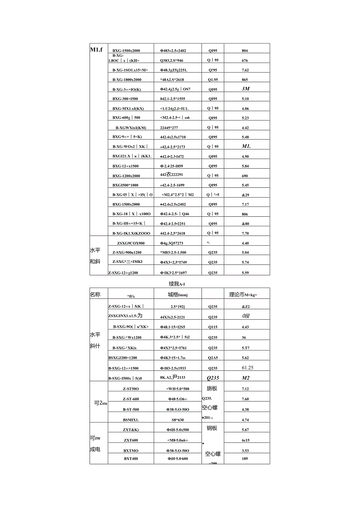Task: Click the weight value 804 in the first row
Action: (245, 50)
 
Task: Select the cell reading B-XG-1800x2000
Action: (127, 79)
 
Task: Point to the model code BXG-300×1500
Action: (125, 99)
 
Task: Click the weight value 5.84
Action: (245, 166)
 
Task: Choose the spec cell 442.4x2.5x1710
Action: (173, 137)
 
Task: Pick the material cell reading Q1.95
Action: (213, 79)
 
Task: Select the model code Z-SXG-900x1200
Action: (127, 253)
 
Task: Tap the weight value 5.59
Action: (245, 273)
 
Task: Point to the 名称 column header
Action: (95, 294)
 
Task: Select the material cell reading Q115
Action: (213, 327)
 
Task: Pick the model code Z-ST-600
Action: (131, 399)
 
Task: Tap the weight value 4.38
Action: (245, 410)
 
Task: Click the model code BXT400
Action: (131, 459)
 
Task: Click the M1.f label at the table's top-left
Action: (96, 50)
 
